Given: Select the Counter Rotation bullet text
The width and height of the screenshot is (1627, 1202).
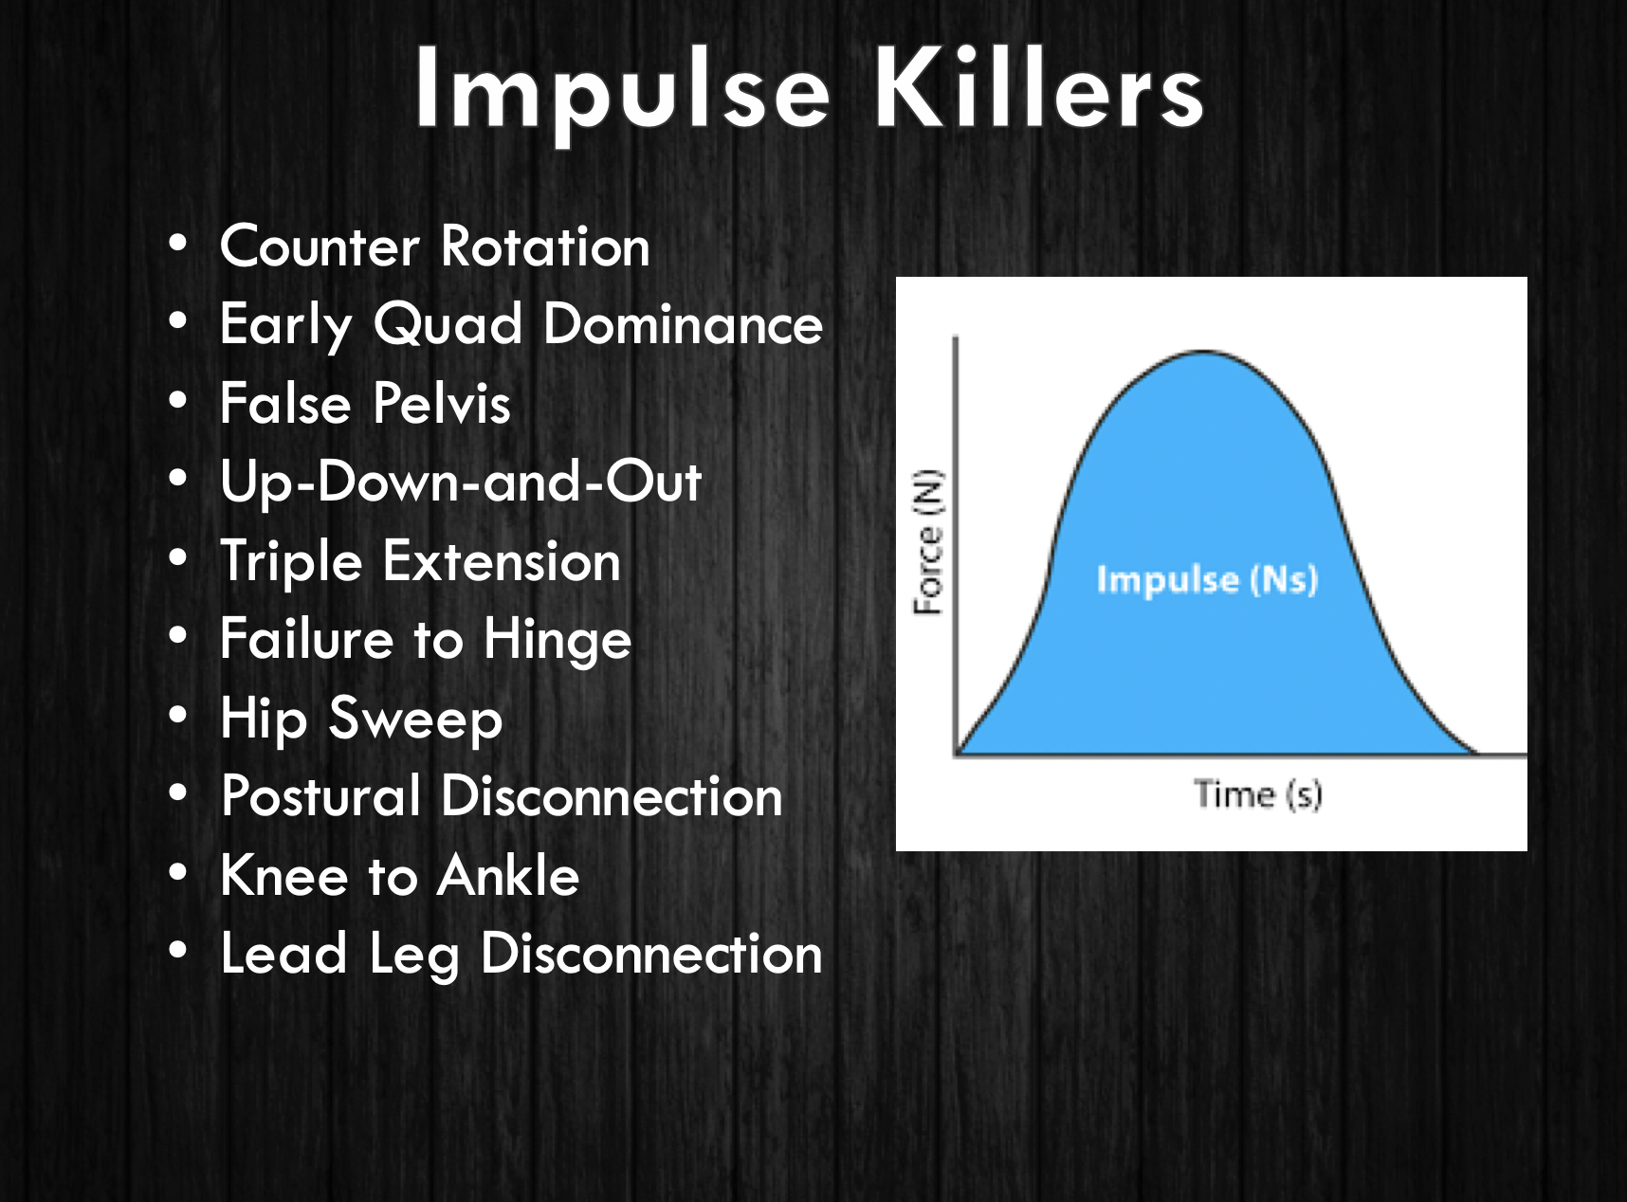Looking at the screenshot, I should pos(434,247).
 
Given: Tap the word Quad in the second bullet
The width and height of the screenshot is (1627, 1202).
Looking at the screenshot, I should pos(447,325).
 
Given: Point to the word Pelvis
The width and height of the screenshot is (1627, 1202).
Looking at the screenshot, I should pos(442,404).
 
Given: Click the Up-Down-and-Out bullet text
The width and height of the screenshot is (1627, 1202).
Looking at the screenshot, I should pos(461,483).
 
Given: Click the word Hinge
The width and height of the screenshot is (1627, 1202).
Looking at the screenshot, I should pos(558,641).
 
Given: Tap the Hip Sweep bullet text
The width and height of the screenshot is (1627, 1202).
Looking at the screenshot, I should pos(361,719).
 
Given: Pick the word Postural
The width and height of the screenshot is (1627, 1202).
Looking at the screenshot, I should pos(320,796).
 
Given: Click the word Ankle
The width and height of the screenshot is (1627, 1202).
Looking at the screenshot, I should pos(509,876).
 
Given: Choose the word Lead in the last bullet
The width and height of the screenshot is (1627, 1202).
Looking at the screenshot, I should pos(283,954).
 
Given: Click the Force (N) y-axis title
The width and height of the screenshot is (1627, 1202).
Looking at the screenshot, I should pos(929,542).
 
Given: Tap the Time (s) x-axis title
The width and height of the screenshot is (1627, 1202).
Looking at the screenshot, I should pos(1257,794).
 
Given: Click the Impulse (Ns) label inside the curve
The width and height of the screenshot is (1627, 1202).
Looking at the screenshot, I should pos(1207,579).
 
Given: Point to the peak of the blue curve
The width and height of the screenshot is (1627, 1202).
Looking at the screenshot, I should pos(1202,353).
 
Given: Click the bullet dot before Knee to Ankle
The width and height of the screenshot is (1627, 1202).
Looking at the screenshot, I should pos(178,873).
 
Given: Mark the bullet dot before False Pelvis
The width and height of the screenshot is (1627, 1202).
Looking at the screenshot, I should pos(178,401).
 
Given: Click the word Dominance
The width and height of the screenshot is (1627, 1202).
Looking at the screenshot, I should pos(683,325).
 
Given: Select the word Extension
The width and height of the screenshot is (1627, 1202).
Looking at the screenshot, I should pos(502,562).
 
